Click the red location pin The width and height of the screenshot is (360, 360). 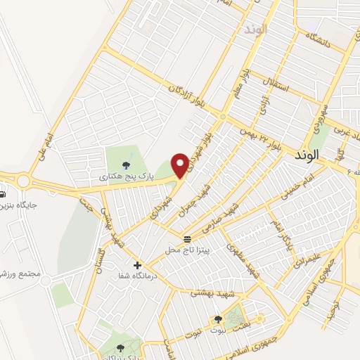pyautogui.click(x=181, y=165)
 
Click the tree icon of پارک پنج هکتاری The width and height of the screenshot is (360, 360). pyautogui.click(x=126, y=166)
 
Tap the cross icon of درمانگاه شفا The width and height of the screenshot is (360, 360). pyautogui.click(x=138, y=265)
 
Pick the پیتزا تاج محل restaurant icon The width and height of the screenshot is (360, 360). pyautogui.click(x=187, y=239)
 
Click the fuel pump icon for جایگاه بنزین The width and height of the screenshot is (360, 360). pyautogui.click(x=2, y=194)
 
